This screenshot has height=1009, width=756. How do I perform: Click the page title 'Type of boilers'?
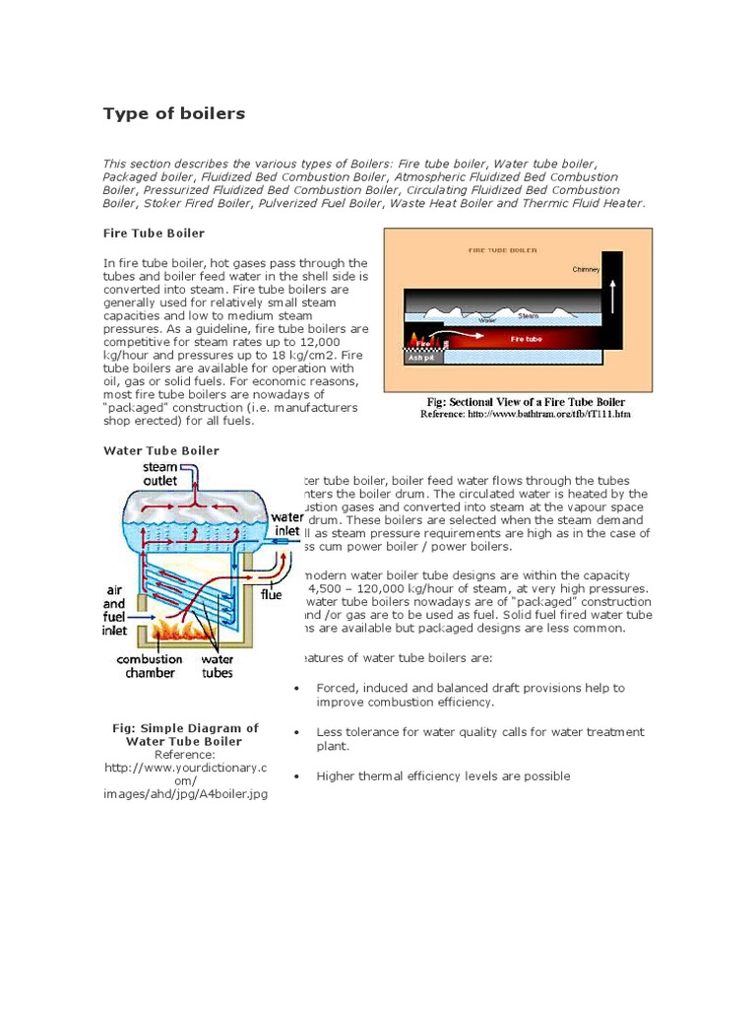174,113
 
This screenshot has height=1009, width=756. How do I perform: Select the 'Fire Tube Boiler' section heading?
154,234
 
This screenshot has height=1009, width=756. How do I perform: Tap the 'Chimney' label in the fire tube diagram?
586,269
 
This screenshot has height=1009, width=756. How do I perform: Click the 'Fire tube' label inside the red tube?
526,339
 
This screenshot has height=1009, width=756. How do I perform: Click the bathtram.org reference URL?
525,415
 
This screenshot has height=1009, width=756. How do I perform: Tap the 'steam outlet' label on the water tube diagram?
160,473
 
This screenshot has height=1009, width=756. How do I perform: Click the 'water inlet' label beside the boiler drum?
287,523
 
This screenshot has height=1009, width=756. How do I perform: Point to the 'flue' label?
271,594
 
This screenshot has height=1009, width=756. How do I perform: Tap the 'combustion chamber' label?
150,666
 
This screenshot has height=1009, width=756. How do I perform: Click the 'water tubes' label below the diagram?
218,666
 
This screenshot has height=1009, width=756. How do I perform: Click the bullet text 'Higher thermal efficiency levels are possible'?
443,776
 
